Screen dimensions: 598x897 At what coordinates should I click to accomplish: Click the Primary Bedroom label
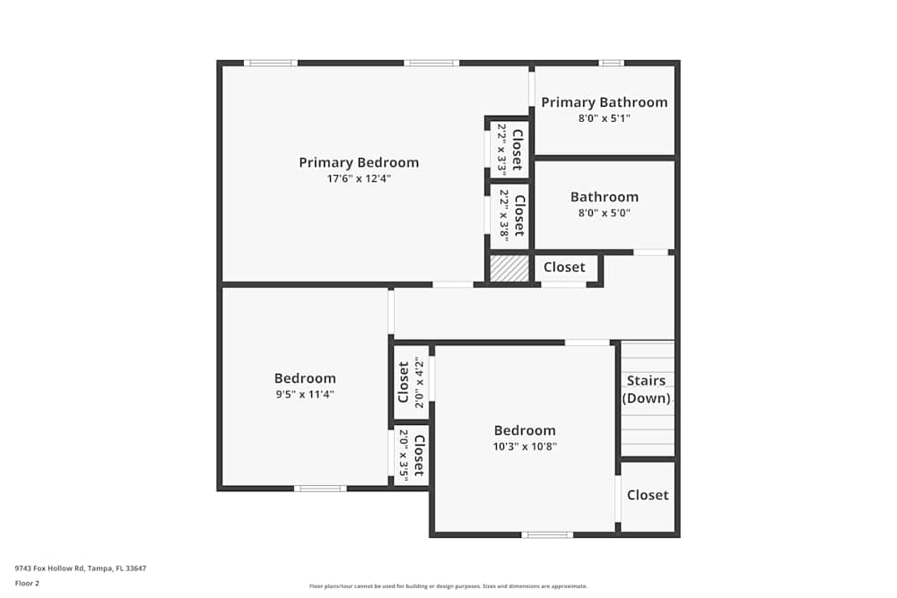point(359,162)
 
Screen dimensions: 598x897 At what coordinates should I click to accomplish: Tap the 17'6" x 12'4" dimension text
point(359,178)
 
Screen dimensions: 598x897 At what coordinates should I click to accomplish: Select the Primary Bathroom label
point(604,102)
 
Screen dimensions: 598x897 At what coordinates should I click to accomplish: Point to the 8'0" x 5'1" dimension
point(604,117)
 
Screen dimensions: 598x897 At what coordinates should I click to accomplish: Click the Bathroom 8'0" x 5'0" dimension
point(604,212)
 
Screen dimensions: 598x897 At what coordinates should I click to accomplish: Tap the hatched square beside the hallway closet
point(509,269)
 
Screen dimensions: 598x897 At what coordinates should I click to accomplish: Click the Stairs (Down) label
point(646,389)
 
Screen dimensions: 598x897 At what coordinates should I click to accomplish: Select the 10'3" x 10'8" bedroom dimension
point(525,446)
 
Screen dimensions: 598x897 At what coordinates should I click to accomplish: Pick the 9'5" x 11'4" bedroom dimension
point(305,394)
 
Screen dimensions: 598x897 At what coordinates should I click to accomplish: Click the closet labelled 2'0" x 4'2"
point(411,383)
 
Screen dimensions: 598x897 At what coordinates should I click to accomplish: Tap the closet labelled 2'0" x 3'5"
point(411,456)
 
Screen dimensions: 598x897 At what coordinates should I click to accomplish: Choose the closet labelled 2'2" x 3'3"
point(509,149)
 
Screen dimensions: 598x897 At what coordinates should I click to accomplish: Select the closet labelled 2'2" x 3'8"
point(509,215)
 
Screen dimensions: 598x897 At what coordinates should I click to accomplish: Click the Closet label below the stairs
point(648,495)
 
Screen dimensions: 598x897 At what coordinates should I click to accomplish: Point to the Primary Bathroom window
point(611,63)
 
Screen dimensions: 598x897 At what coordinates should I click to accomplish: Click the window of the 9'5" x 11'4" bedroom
point(320,489)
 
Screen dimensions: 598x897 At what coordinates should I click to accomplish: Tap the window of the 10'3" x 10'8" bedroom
point(547,534)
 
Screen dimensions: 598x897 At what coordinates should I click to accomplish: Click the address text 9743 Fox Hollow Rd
point(81,568)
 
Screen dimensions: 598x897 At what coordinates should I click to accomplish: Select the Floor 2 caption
point(27,583)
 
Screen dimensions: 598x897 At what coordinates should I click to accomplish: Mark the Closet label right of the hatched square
point(564,267)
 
